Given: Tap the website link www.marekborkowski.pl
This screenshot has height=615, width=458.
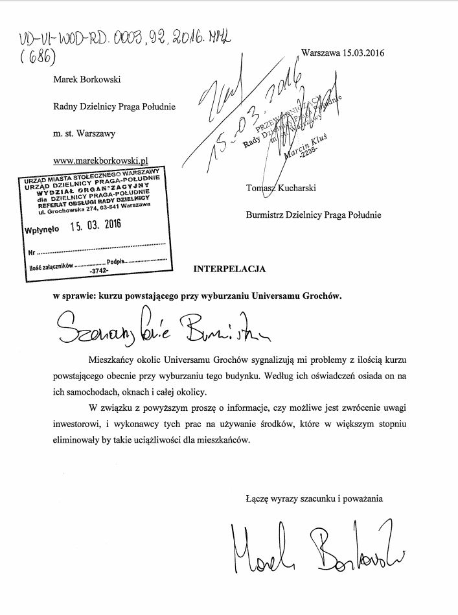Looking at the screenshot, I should tap(102, 159).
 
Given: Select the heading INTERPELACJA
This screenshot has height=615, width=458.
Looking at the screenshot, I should tap(230, 268).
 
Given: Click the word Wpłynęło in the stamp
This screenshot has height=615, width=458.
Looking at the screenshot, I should tap(42, 229).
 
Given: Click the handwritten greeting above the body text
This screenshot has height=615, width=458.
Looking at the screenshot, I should tap(163, 327).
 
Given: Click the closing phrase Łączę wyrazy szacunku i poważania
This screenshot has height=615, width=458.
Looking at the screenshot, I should tap(314, 498).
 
